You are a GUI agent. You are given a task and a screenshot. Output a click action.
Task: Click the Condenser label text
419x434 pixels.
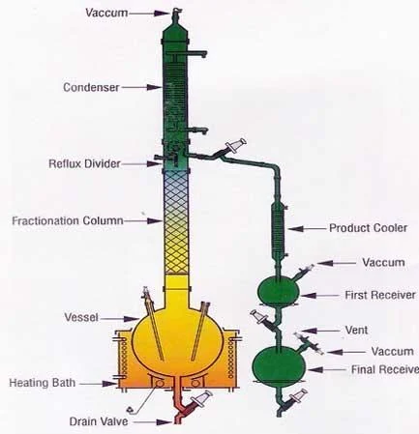pos(91,87)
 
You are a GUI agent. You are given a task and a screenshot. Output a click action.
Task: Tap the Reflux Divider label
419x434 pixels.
pos(84,163)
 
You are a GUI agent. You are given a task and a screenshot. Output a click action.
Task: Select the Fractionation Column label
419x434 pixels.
pos(68,221)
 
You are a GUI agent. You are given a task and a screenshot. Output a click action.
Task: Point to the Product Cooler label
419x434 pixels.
pos(368,228)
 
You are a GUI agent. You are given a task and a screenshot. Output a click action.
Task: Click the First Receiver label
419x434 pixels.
pos(380,295)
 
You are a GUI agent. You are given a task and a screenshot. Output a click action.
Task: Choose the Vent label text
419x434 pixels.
pos(356,330)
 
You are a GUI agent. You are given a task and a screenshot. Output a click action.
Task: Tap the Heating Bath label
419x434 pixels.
pos(43,383)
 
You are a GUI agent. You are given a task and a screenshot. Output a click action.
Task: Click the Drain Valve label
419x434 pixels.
pos(99,421)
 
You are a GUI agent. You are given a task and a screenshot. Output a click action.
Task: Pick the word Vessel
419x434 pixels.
pos(81,317)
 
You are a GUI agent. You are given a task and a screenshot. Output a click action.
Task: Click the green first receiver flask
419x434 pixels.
pos(279,292)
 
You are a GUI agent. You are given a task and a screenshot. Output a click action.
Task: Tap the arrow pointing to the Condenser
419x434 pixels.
pos(141,87)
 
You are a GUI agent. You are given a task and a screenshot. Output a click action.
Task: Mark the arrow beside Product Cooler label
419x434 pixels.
pos(308,228)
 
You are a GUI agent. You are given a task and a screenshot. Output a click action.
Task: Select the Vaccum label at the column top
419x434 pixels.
pos(106,14)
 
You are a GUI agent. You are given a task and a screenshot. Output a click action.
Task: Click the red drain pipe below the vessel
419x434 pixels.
pos(180,404)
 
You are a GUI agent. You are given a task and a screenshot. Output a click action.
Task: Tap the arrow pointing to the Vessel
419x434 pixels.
pos(119,319)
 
